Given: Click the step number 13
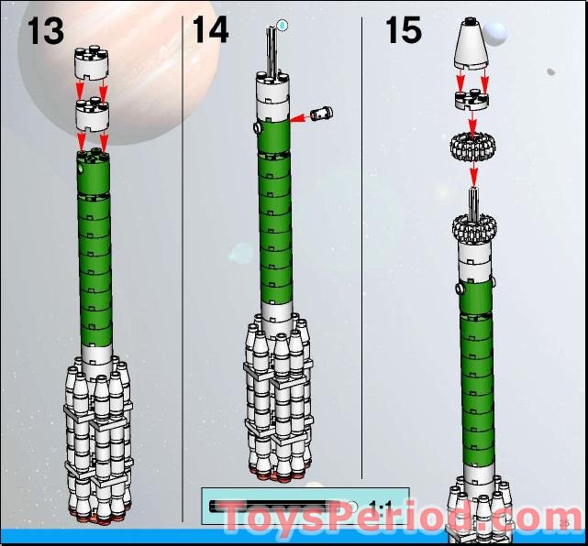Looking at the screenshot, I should point(45,29).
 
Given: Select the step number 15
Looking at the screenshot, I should point(403,29).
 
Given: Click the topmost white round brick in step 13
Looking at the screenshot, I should point(92,64).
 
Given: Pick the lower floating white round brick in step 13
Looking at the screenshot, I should point(92,115).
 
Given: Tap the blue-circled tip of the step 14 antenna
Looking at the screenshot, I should point(283,25).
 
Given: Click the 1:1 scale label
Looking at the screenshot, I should point(379,505).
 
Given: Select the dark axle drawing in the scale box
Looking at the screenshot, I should point(275,505).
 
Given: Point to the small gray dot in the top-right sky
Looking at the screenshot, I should point(550,71).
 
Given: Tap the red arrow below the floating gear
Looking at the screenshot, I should point(473,174).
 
